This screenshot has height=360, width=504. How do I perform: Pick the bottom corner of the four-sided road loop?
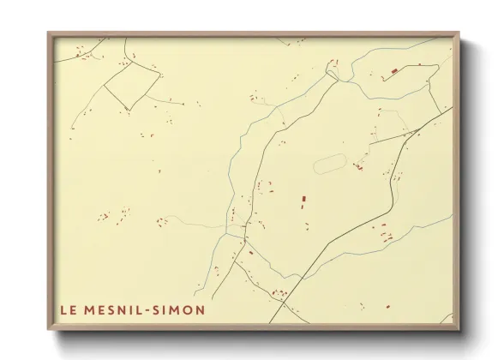129,109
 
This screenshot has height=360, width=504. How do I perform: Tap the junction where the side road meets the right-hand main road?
417,131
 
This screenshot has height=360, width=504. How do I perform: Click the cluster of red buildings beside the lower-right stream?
382,229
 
